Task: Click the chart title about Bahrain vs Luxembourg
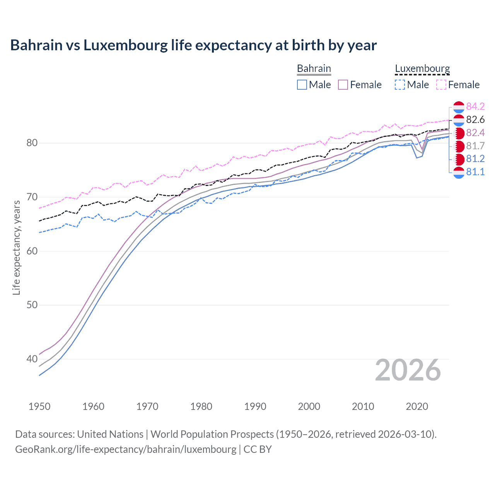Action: [193, 45]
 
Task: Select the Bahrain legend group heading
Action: [314, 68]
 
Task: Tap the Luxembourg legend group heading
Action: [422, 68]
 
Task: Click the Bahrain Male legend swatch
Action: [302, 85]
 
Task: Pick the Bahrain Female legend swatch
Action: [343, 85]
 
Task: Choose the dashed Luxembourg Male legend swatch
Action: [400, 85]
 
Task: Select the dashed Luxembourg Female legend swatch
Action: [441, 85]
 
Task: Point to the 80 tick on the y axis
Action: [32, 143]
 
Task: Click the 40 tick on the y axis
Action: [32, 359]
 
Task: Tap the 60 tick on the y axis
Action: [32, 251]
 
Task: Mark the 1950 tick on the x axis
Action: [39, 406]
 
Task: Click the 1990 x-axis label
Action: [255, 406]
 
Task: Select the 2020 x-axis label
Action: [417, 406]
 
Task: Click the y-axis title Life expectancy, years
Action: [16, 247]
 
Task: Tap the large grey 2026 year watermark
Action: [408, 370]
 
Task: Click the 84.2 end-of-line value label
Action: [475, 106]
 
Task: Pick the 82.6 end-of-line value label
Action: [475, 119]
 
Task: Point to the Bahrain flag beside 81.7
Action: [459, 146]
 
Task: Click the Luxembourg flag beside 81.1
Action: [459, 172]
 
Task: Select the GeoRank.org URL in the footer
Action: [126, 449]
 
